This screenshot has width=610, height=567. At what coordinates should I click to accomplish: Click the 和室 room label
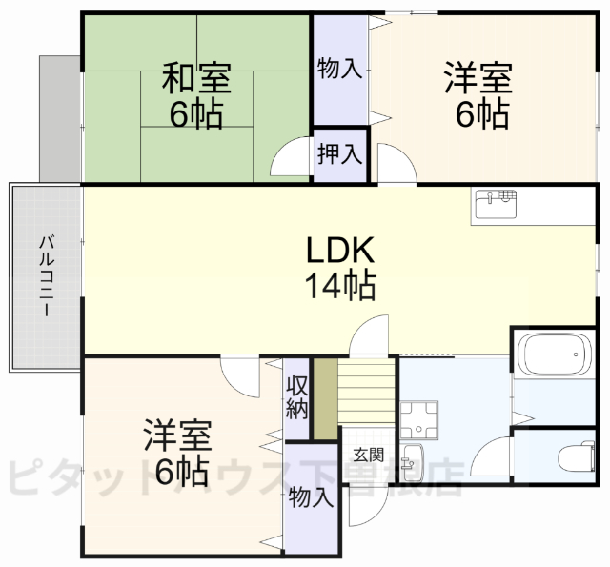(x=196, y=75)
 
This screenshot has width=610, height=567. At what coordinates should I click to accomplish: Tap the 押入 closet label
(x=339, y=153)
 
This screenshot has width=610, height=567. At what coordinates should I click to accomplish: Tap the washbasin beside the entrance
(x=413, y=462)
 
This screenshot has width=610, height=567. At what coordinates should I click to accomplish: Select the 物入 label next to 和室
(x=339, y=68)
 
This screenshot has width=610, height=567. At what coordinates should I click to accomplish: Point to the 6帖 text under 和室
(x=196, y=114)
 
